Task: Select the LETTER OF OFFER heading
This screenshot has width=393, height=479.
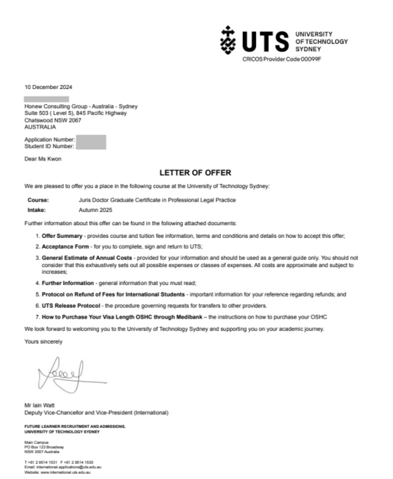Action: (196, 173)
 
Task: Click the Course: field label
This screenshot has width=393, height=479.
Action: (38, 199)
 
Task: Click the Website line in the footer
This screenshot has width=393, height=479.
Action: (58, 472)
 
